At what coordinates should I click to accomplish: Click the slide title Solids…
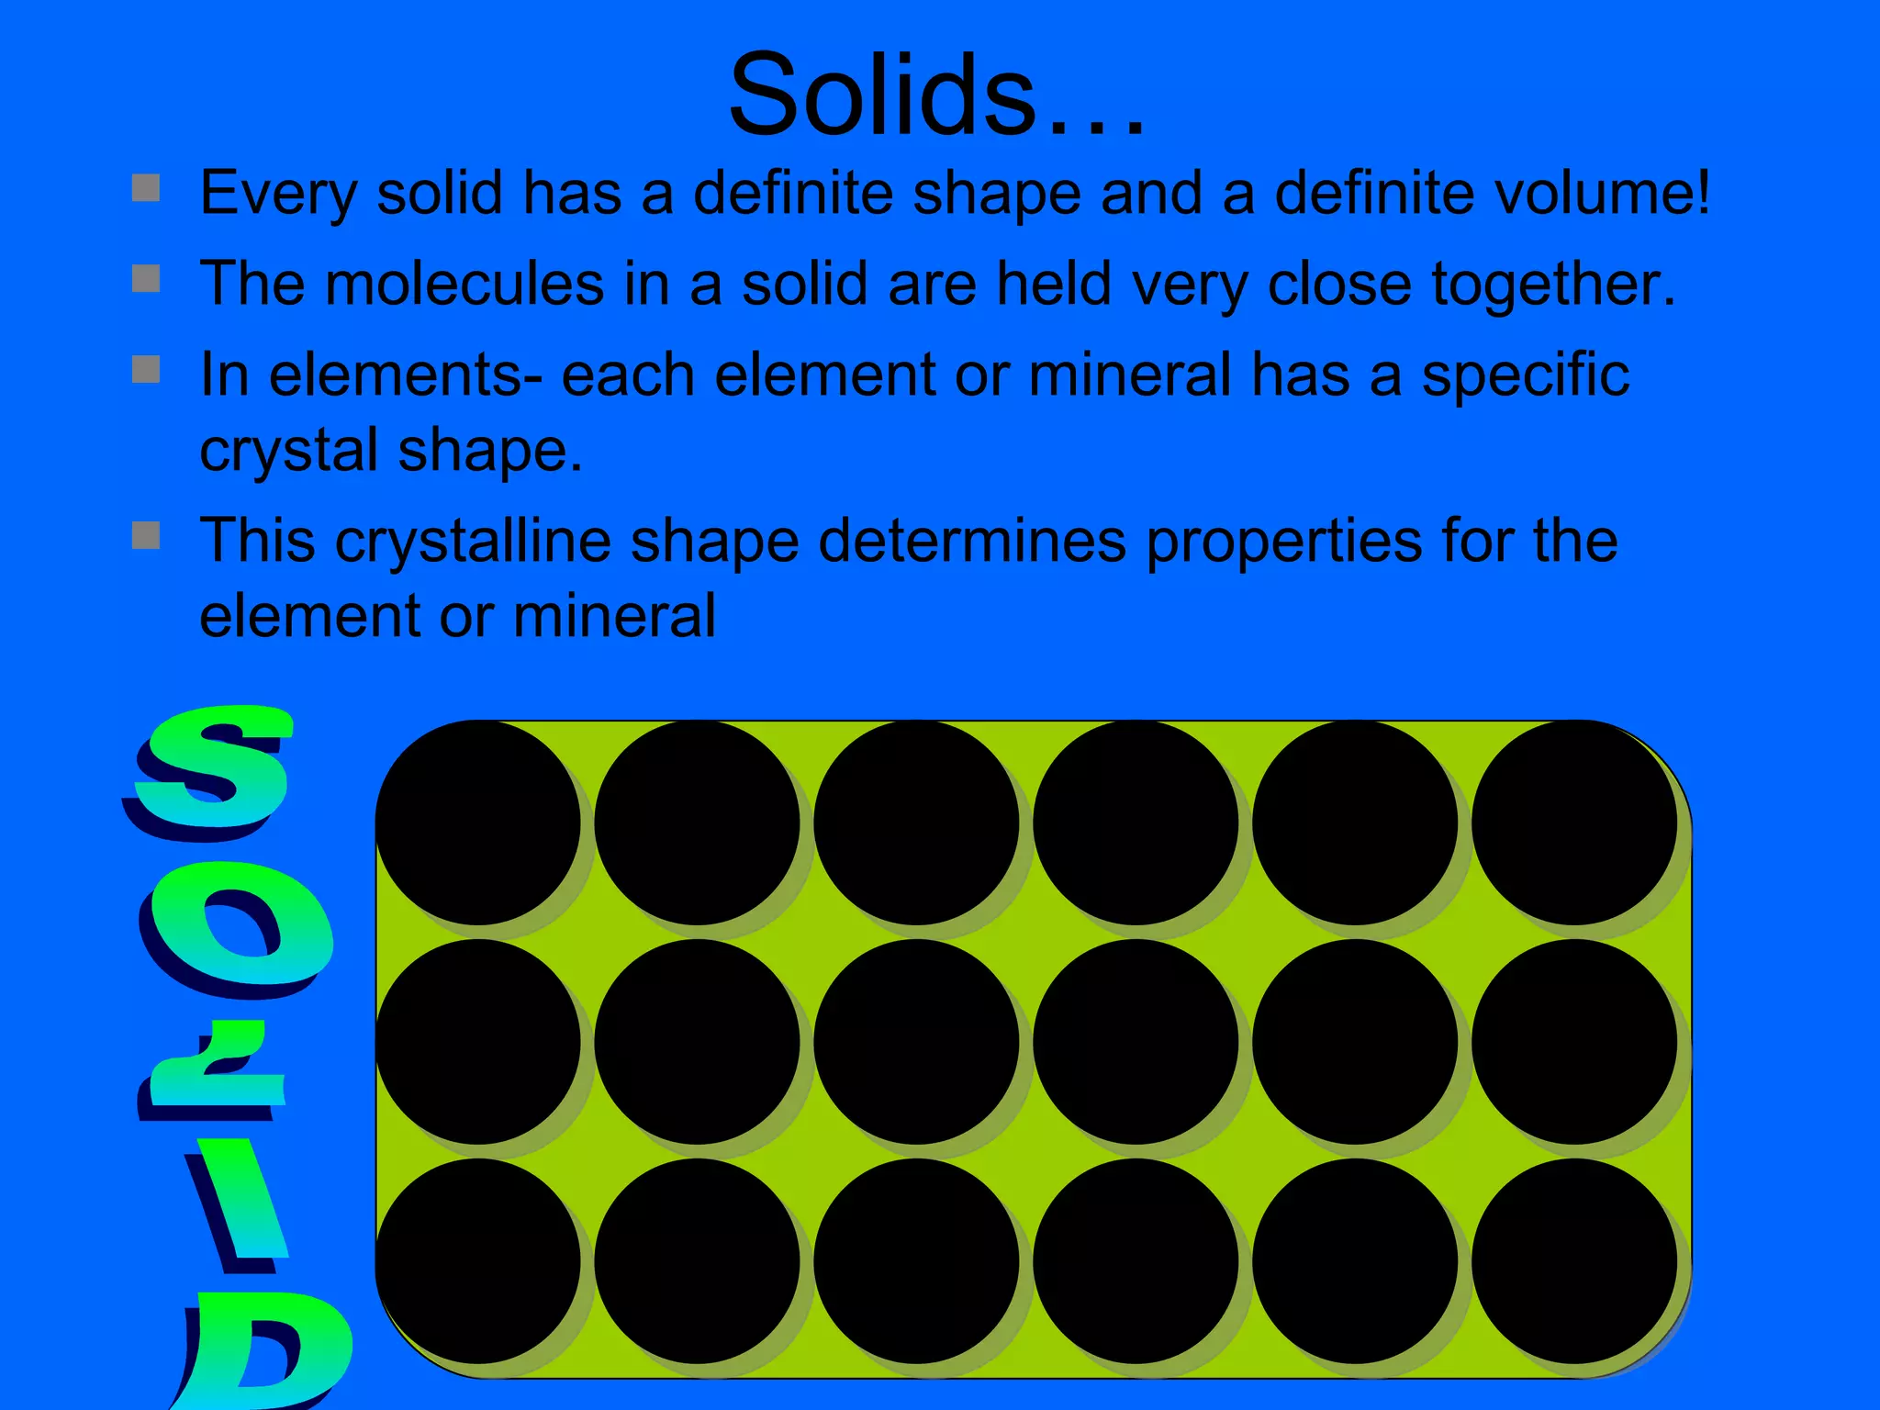click(936, 95)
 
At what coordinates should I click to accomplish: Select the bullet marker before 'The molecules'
click(146, 278)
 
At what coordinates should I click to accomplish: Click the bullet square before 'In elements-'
click(146, 369)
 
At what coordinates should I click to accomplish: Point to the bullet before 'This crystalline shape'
click(146, 534)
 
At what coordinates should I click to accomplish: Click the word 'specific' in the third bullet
click(1525, 376)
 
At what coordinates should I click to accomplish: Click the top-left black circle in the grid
click(477, 822)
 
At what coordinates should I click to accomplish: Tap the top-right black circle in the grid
click(1573, 822)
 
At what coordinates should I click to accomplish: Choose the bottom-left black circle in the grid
click(477, 1260)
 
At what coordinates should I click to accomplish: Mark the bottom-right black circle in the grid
click(1573, 1260)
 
